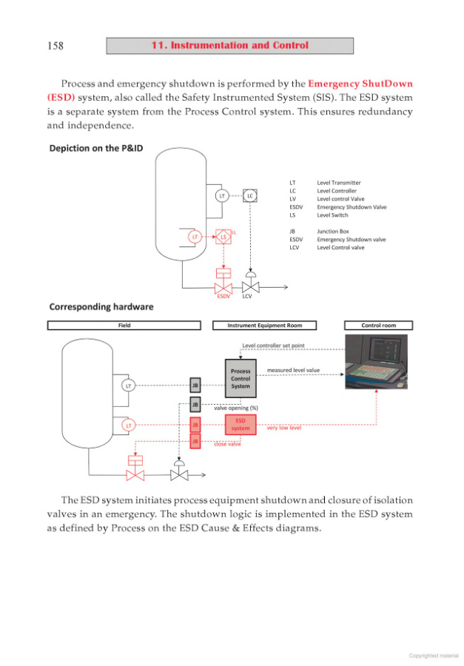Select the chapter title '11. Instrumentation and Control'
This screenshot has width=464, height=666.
[229, 46]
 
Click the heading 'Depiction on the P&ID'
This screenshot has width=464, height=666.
[95, 148]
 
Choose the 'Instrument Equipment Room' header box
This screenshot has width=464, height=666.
[264, 325]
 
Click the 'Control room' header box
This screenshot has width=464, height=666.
[378, 325]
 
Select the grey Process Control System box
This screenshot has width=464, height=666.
[241, 378]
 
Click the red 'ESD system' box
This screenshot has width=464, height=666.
[241, 424]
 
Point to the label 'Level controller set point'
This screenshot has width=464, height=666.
[273, 346]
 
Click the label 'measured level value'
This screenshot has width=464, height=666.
[293, 370]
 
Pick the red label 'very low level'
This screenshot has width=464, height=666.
[283, 428]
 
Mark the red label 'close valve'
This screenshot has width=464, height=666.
[227, 444]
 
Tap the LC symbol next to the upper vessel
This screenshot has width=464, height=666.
[250, 195]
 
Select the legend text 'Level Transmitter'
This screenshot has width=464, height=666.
[339, 182]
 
